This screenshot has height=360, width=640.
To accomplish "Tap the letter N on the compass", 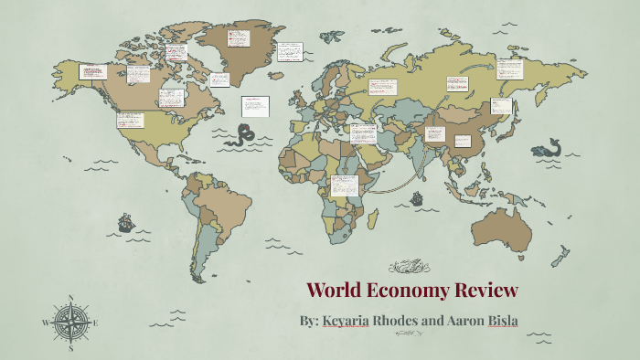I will (x=70, y=299).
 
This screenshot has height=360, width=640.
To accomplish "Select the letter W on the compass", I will (x=46, y=323).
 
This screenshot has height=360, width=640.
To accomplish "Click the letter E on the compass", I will (x=95, y=323).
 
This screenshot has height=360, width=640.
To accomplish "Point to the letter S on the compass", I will (x=70, y=348).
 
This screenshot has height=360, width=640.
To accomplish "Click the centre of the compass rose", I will (x=70, y=323).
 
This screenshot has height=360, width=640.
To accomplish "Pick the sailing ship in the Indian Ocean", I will (x=417, y=197).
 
